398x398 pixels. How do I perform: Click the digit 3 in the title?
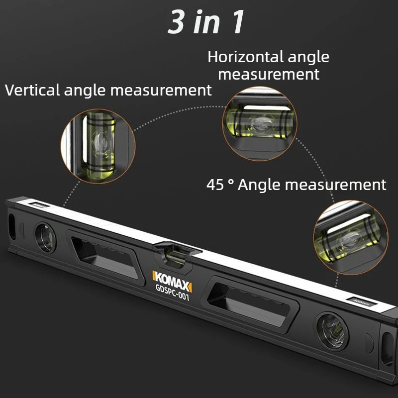point(176,22)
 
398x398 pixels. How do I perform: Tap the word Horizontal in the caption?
point(245,57)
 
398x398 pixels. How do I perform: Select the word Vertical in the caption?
point(32,90)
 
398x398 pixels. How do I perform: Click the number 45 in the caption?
point(215,185)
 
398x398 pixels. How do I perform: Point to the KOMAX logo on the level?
point(172,281)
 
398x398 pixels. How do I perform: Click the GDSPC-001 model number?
point(172,293)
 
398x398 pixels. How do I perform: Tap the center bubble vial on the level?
point(176,256)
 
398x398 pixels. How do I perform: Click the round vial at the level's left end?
point(45,238)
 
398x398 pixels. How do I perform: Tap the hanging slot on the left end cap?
point(11,227)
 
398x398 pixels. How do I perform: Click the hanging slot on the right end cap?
point(388,349)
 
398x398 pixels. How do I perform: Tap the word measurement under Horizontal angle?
point(269,74)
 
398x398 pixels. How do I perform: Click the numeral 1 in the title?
point(238,22)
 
